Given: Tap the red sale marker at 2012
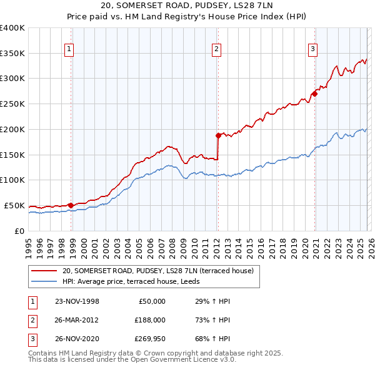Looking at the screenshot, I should coord(218,135).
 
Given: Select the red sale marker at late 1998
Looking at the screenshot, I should coord(71,205).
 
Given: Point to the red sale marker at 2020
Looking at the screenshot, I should coord(314,94).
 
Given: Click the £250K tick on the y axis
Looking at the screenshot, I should coord(12,104).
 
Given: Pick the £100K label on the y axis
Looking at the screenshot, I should coord(12,180).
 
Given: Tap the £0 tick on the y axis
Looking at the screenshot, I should coord(19,231).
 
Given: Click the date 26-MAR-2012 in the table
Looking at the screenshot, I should coord(76,319).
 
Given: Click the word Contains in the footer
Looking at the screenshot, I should coord(44,353).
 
